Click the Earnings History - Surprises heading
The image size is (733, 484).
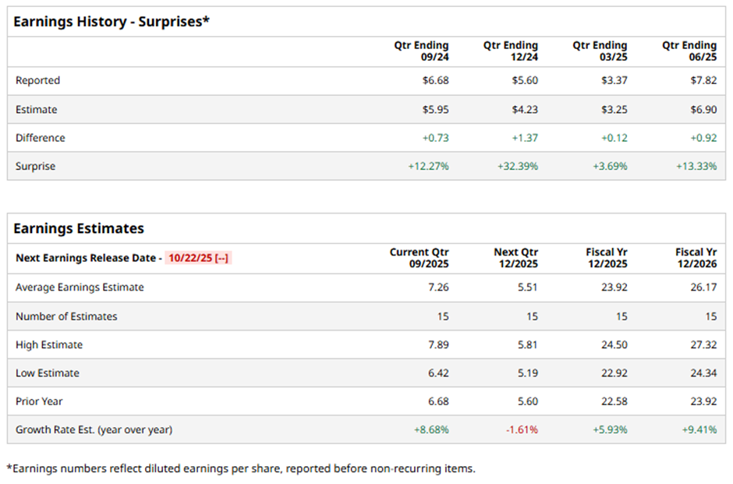click(x=112, y=21)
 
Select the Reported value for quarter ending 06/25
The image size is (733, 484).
click(x=702, y=80)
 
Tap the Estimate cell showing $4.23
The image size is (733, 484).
click(x=524, y=110)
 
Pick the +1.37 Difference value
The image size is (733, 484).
click(x=524, y=138)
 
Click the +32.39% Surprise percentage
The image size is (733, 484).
click(x=517, y=166)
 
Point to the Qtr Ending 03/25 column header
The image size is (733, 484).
click(x=600, y=51)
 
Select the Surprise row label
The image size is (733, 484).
click(x=35, y=166)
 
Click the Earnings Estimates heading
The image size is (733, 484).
click(x=79, y=228)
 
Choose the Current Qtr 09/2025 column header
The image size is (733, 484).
click(x=420, y=258)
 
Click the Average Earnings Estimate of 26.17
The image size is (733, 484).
click(x=703, y=288)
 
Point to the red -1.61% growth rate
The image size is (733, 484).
click(x=522, y=429)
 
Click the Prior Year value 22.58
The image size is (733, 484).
click(x=613, y=401)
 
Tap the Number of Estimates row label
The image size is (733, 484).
click(x=66, y=316)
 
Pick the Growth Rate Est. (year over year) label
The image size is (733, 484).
click(x=94, y=429)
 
